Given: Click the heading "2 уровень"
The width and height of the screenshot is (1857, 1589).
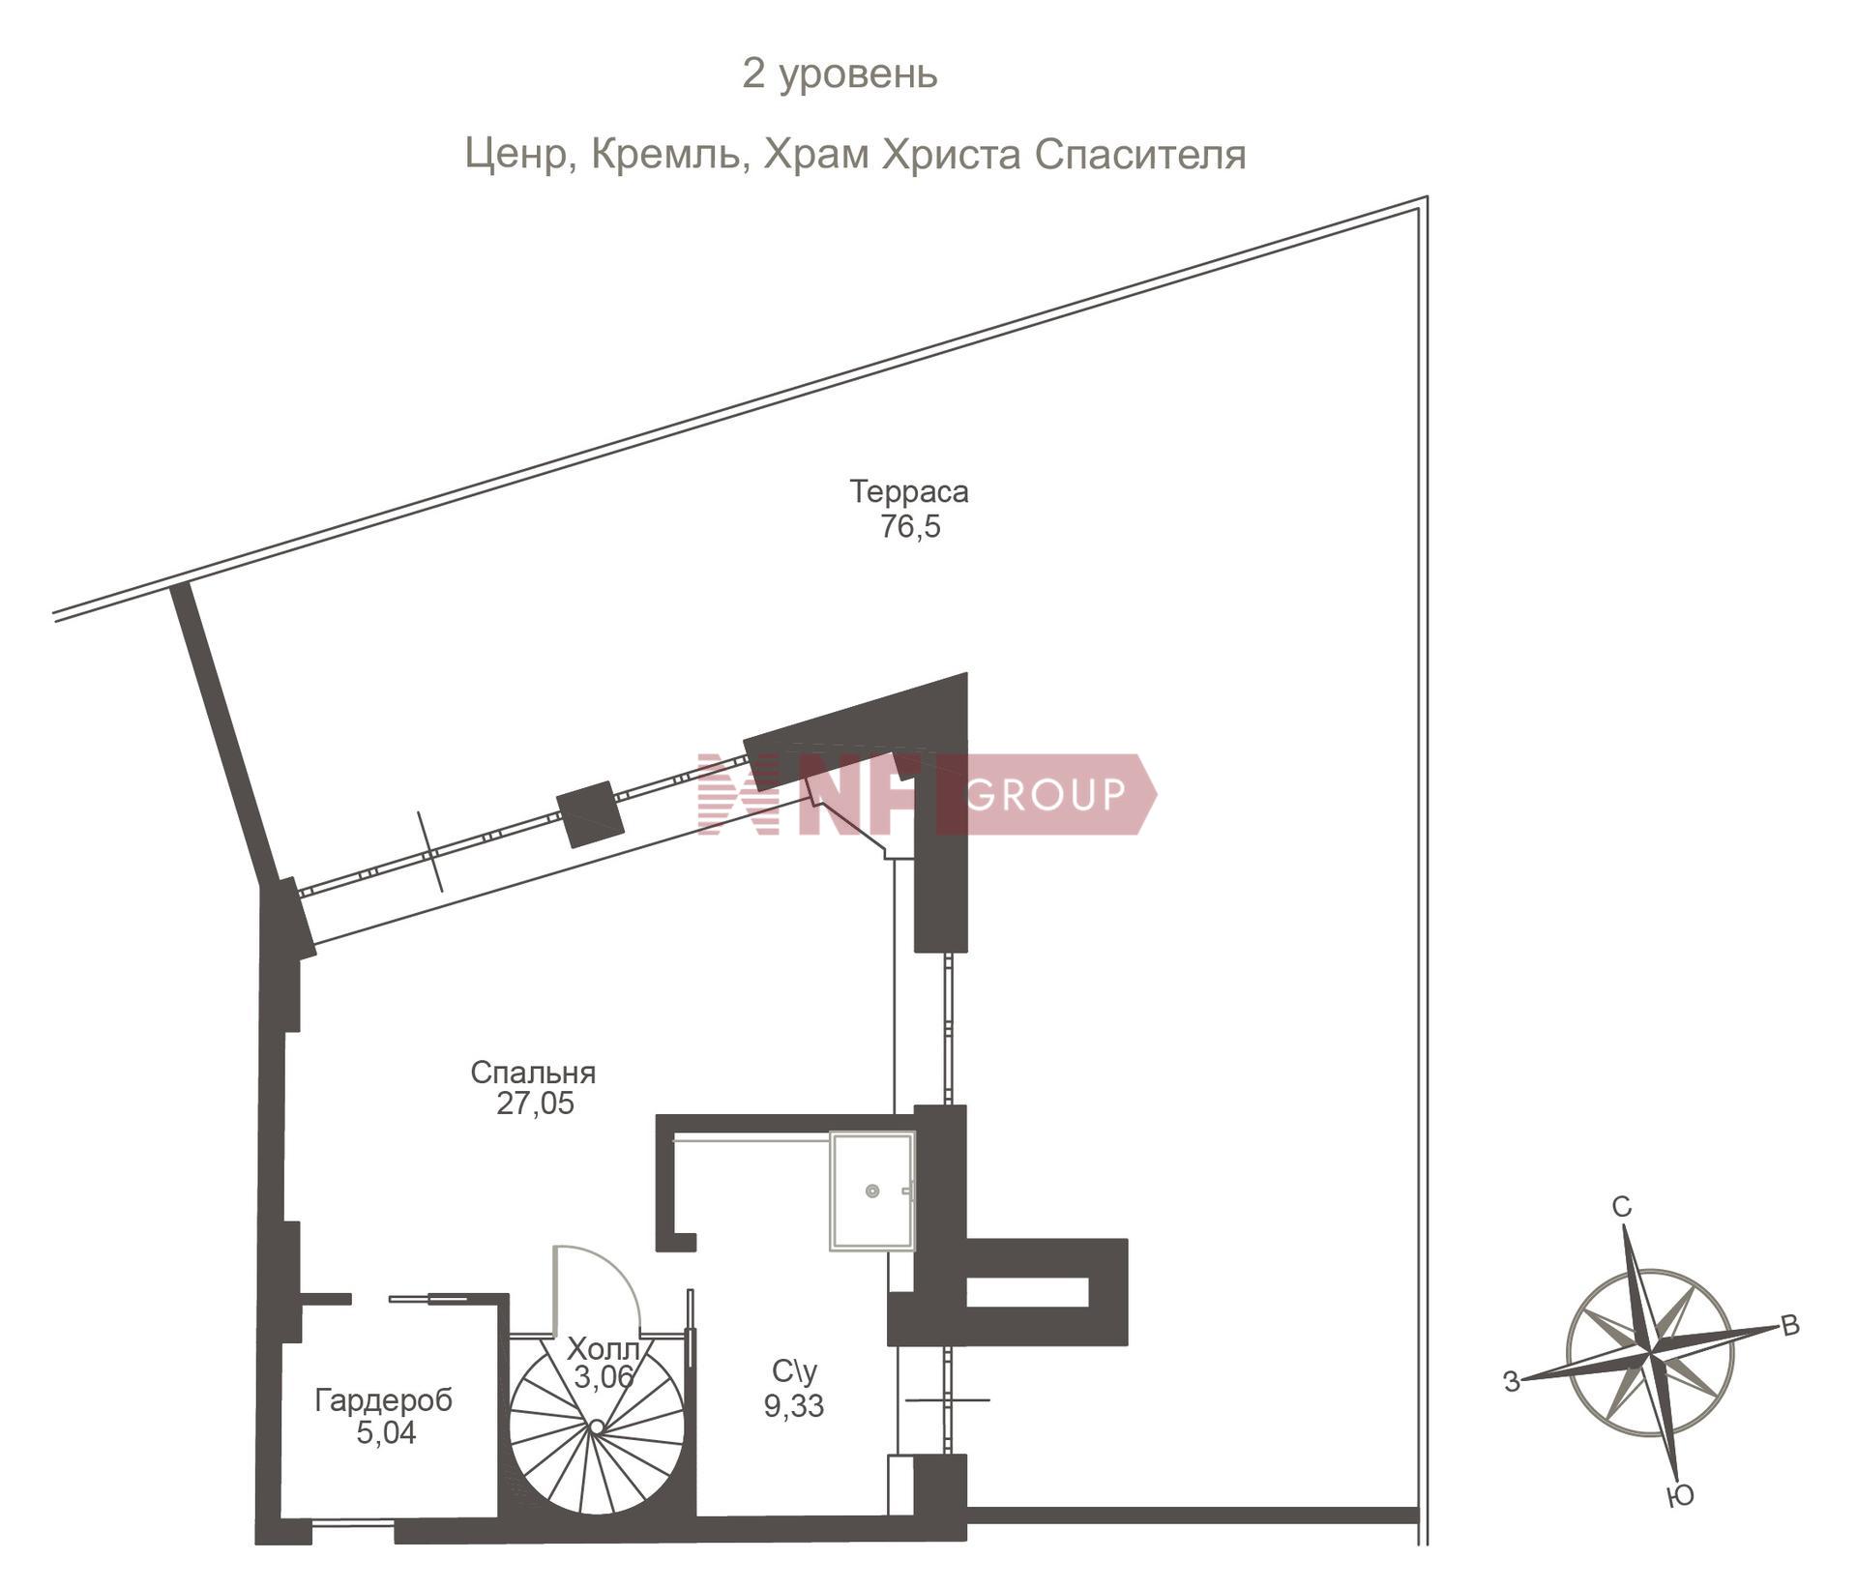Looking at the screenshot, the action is pos(840,74).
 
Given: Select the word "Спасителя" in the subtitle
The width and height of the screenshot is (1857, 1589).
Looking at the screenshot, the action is pos(1140,155).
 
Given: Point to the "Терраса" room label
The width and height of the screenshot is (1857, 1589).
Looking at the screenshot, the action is pos(909,491).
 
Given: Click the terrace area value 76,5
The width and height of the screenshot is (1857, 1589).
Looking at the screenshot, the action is pos(910,527).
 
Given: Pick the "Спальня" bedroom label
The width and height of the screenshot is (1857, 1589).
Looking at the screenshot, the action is pos(533,1073).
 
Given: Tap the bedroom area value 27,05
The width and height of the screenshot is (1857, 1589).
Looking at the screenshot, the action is pos(535,1103).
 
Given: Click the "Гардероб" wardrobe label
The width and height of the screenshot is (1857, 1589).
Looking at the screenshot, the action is pos(384,1401).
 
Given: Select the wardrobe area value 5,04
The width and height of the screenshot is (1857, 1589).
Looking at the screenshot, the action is pos(386,1433).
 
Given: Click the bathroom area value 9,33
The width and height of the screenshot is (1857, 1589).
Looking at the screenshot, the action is pos(794,1405).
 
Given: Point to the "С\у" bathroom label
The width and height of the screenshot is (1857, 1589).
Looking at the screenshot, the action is pos(795,1371).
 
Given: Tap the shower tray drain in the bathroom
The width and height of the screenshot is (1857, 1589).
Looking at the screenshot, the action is pos(872,1192).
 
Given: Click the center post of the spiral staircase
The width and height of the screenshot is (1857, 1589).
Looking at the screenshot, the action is pos(597,1427).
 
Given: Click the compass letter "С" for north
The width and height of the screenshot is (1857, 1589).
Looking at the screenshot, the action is pos(1622,1207).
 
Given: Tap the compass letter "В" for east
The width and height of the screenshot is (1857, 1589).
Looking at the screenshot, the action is pos(1790,1326).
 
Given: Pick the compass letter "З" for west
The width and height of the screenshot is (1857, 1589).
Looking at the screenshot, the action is pos(1512,1383).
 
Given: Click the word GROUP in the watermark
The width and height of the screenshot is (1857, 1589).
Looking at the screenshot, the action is pos(1046,794).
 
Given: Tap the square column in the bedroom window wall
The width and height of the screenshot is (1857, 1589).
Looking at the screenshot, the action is pos(590,814).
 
